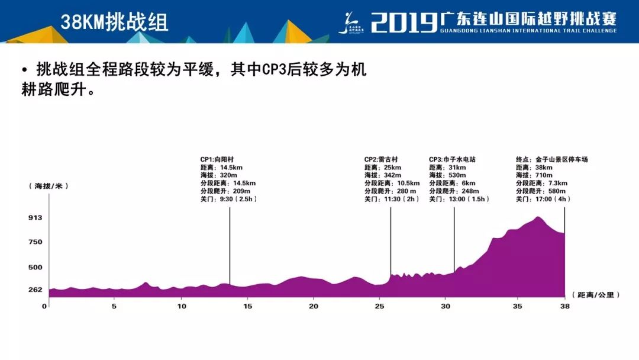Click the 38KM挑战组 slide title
(114, 22)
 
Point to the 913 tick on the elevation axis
(35, 218)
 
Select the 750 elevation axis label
(35, 242)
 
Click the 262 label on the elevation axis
(35, 290)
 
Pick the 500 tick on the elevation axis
(35, 267)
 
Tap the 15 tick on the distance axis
(247, 306)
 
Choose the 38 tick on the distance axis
(565, 306)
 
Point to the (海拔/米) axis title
(49, 186)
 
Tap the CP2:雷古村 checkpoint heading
(381, 160)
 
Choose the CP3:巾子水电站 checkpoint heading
(452, 160)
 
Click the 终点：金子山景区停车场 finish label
(551, 160)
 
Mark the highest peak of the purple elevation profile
(537, 218)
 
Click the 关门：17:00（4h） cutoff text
(543, 199)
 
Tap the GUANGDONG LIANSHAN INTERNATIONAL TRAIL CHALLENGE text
(528, 31)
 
